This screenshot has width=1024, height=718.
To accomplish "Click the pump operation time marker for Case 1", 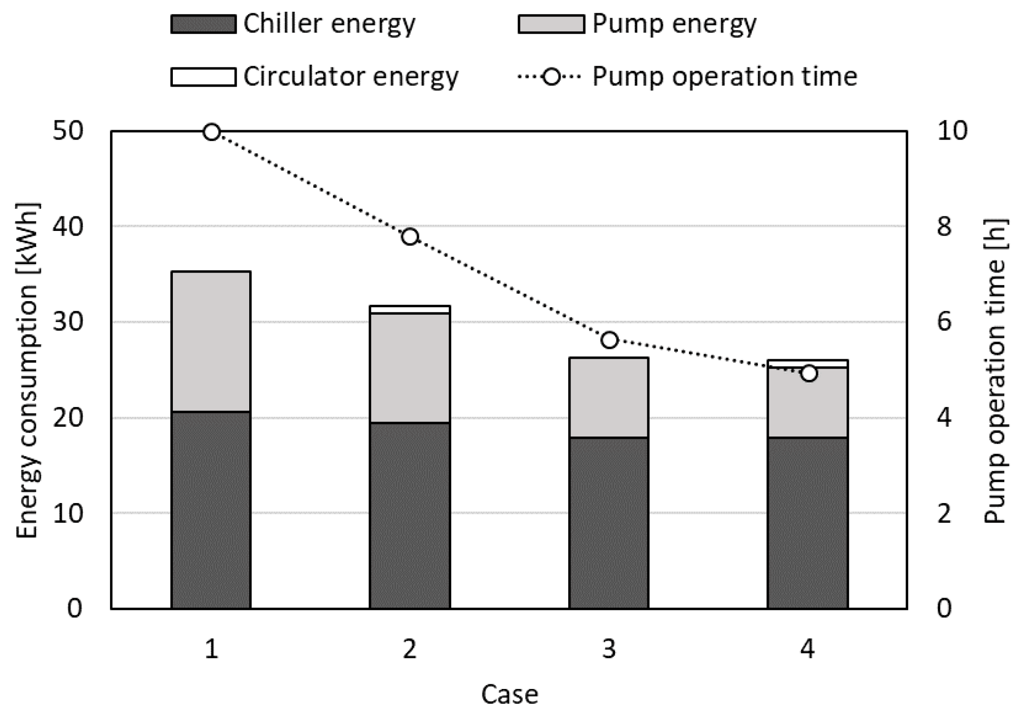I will click(x=212, y=133).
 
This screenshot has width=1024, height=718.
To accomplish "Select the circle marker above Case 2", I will click(x=410, y=237).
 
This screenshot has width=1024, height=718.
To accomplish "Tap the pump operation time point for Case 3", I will click(x=609, y=340).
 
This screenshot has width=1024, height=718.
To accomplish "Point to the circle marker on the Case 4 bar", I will click(x=809, y=374).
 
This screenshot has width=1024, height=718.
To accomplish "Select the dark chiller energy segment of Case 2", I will click(x=410, y=515).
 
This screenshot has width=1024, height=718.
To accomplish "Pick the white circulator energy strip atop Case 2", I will click(x=410, y=310).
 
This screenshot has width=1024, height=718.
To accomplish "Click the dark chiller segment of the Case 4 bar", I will click(x=808, y=522).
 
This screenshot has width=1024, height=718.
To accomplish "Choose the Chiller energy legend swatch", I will click(x=203, y=24).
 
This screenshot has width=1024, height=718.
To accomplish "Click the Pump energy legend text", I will click(x=674, y=24).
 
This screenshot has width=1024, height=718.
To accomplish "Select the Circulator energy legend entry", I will click(x=350, y=77).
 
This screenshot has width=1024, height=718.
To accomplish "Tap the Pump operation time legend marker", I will click(x=552, y=77).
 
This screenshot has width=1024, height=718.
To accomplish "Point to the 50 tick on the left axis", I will click(x=67, y=131).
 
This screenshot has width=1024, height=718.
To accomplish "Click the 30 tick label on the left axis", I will click(x=67, y=322).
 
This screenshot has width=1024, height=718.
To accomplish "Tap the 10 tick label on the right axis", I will click(x=951, y=131).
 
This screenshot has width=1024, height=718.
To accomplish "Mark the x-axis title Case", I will click(x=510, y=695).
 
